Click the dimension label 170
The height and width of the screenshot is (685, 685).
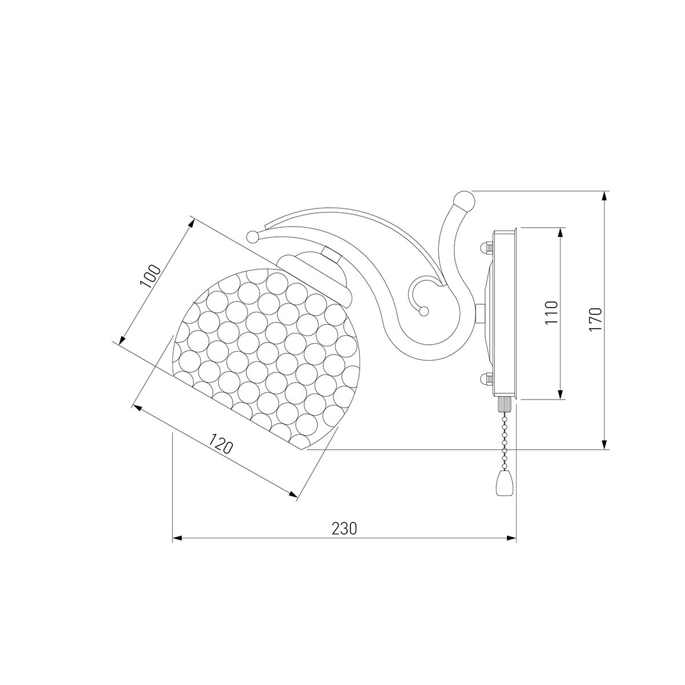(x=595, y=320)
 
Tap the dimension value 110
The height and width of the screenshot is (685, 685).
(x=551, y=312)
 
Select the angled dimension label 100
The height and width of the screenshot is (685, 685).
(x=151, y=276)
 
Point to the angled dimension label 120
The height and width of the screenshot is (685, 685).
(x=220, y=444)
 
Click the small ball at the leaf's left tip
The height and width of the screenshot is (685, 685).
(x=252, y=236)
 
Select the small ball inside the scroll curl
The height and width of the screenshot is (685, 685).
(x=424, y=312)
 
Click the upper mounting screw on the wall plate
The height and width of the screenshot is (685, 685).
(x=486, y=248)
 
